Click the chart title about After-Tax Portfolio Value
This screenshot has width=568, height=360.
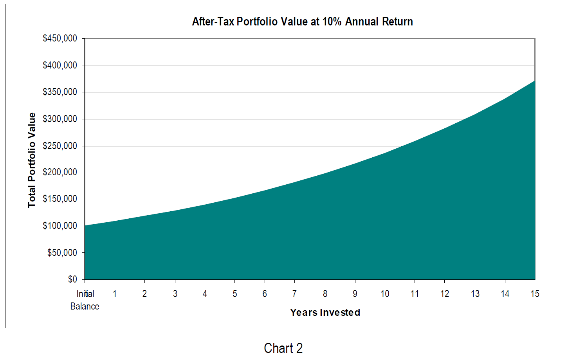point(302,22)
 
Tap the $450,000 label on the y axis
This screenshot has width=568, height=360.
point(60,38)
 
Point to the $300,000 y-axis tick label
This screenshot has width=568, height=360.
point(60,119)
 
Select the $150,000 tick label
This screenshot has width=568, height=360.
point(60,199)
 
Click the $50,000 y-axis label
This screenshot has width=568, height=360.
point(62,253)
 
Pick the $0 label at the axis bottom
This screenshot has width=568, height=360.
point(72,279)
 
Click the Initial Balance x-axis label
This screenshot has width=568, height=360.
point(85,300)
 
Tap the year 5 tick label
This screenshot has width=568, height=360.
point(235,294)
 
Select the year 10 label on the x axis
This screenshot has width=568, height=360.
point(385,294)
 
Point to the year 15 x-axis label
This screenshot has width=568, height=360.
point(535,294)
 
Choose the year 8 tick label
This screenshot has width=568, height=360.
point(325,294)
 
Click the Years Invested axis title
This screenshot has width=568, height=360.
point(325,312)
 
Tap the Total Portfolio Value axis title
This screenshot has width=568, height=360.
point(32,160)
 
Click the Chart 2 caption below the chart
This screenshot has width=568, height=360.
point(283,348)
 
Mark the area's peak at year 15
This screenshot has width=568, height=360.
point(534,81)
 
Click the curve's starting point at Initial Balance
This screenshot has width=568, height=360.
point(85,226)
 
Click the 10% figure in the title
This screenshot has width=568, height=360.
point(332,22)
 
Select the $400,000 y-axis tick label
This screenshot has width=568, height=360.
point(60,65)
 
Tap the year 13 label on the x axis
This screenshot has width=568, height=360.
point(475,294)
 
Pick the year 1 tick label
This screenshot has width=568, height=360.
point(115,294)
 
